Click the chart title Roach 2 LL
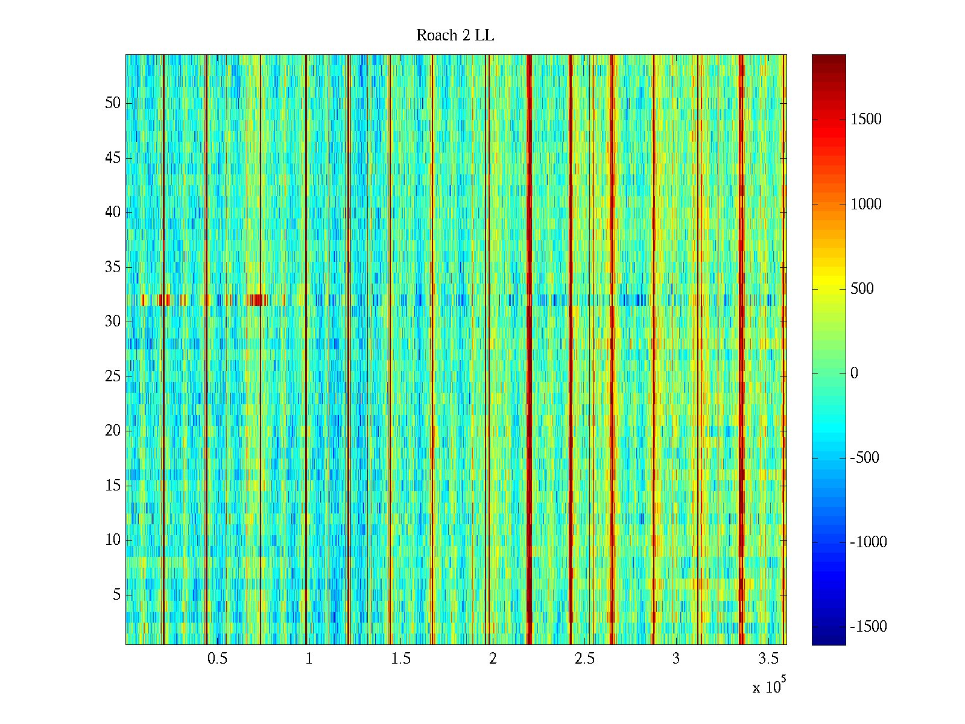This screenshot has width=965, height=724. (x=455, y=36)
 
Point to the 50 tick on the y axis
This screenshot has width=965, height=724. (x=113, y=103)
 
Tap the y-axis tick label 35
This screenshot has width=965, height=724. (x=113, y=267)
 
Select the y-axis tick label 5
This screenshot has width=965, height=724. (x=116, y=595)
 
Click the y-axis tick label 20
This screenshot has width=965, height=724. (x=113, y=431)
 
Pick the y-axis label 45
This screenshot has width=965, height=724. (x=113, y=158)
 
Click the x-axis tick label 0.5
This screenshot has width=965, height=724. (x=217, y=659)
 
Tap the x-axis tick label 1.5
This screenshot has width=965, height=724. (x=400, y=659)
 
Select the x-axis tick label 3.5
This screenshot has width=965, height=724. (x=768, y=659)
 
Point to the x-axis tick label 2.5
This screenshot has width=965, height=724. (x=584, y=659)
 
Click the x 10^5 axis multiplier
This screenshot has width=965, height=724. (x=768, y=687)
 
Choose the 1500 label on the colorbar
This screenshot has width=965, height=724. (x=866, y=119)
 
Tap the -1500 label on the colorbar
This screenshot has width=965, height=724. (x=868, y=627)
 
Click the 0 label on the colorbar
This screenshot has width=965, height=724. (x=854, y=373)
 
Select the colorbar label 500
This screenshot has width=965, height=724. (x=862, y=289)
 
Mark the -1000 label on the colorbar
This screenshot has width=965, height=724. (x=868, y=542)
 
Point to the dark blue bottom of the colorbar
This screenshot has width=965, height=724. (x=828, y=640)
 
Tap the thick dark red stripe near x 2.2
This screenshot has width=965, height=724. (x=529, y=350)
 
